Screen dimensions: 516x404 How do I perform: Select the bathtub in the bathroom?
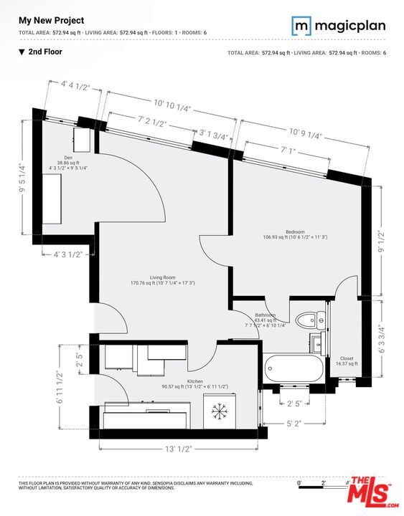tap(293, 368)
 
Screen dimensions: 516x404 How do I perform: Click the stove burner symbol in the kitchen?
tap(219, 412)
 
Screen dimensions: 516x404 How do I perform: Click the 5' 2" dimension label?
tap(294, 424)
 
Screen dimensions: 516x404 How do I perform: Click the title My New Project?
tap(51, 21)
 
